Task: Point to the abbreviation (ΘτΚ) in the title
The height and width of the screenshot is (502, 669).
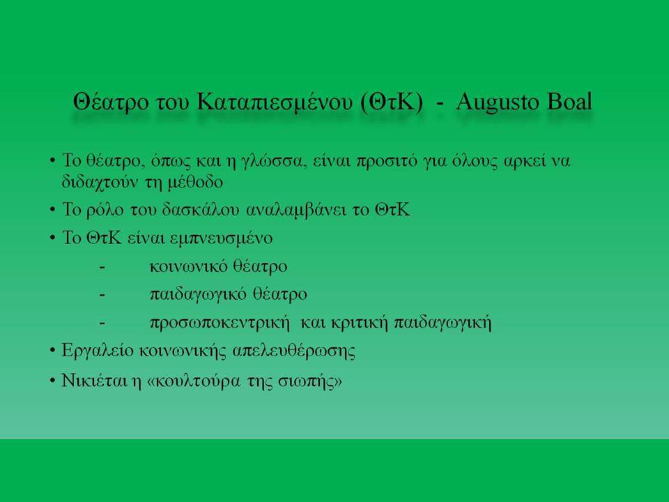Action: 391,103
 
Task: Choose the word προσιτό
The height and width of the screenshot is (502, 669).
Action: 386,162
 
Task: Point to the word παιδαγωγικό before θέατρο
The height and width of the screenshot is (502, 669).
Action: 198,295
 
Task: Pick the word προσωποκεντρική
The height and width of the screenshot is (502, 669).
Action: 220,323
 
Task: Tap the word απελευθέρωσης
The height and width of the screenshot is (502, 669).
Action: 294,351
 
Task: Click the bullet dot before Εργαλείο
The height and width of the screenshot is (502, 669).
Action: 52,351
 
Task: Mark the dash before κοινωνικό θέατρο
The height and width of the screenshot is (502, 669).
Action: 102,268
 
